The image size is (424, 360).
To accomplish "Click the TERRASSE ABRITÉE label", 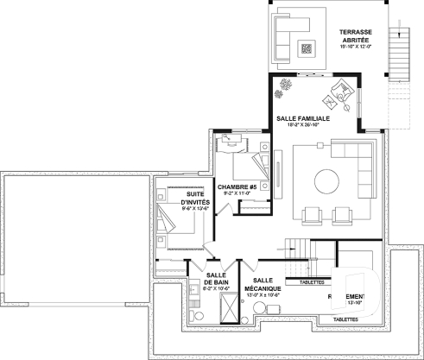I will (354, 38).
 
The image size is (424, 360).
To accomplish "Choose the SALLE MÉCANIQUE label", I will (264, 286).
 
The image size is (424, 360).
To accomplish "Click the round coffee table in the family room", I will (326, 182).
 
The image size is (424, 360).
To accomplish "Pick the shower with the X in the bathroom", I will (231, 309).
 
